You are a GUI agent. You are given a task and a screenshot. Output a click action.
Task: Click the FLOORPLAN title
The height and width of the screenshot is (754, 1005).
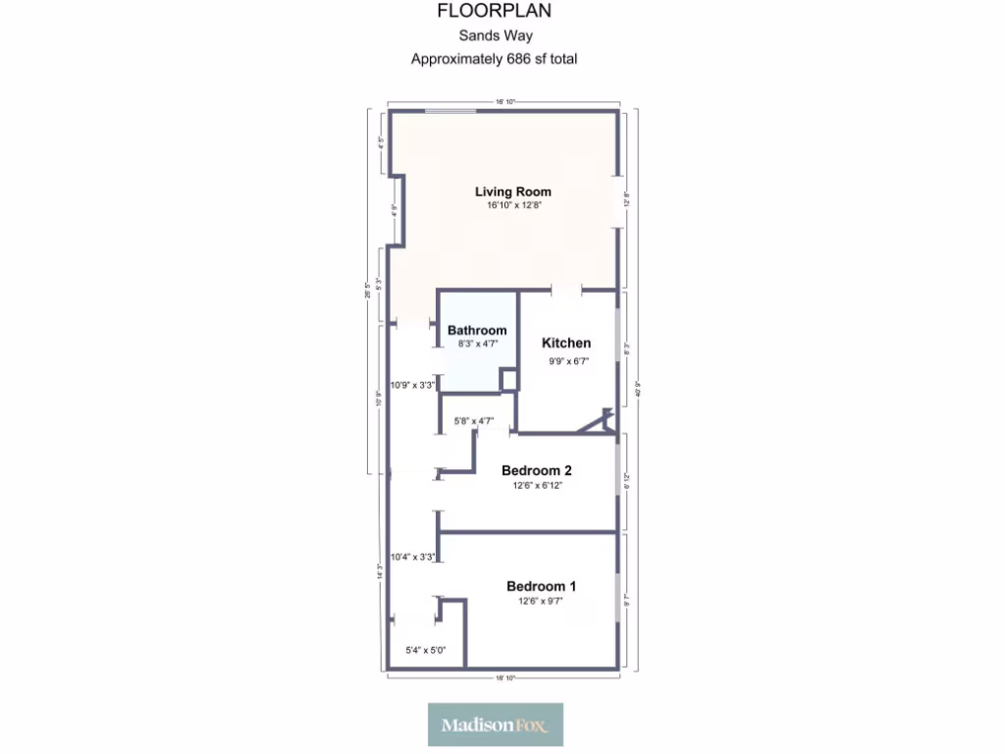[494, 12]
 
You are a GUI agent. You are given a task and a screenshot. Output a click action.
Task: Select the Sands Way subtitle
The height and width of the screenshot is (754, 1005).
[494, 36]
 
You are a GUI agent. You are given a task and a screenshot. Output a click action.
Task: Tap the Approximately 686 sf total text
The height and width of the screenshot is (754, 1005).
[494, 59]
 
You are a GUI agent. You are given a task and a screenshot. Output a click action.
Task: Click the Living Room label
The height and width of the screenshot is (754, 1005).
[513, 191]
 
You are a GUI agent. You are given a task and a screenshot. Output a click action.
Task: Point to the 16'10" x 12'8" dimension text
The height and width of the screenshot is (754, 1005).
[513, 206]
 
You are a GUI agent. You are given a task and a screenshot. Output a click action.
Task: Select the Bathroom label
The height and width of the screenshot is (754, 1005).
[477, 330]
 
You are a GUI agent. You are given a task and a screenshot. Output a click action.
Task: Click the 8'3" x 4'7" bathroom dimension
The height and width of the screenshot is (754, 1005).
[477, 344]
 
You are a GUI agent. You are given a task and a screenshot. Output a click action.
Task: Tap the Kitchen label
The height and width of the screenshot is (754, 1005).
[567, 343]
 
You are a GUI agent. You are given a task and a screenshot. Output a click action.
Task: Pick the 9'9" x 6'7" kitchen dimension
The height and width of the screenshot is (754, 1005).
[567, 360]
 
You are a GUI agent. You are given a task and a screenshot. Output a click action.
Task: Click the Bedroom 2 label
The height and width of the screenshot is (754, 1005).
[537, 470]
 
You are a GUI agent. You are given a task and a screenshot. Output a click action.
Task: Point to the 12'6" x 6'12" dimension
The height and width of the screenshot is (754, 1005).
[537, 485]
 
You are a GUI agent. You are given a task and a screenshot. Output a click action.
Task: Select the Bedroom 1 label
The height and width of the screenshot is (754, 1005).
[541, 586]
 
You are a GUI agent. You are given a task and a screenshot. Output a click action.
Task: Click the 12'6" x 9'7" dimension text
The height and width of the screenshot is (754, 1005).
[541, 601]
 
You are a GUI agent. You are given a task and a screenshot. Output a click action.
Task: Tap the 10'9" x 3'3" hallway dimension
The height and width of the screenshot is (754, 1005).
[412, 385]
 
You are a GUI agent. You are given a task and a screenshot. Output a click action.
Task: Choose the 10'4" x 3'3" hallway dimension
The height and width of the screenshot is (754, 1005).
[412, 557]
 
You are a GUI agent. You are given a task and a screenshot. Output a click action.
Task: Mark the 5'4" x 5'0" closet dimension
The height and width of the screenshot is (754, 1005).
[426, 649]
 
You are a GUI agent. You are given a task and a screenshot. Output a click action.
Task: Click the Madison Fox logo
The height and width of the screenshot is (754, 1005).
[496, 725]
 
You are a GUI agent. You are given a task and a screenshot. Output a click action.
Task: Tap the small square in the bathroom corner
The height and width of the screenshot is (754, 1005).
[508, 380]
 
